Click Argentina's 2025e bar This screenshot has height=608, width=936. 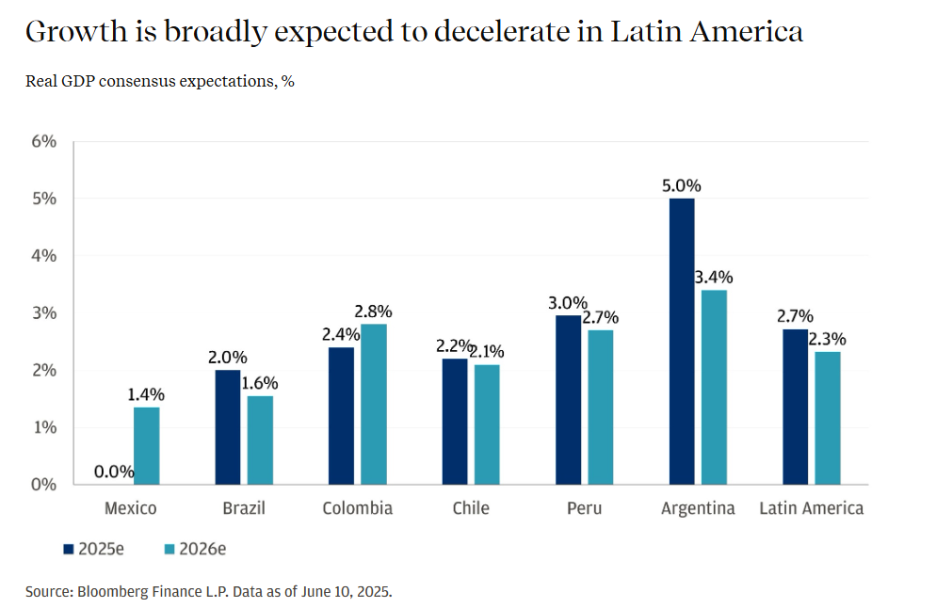pos(681,341)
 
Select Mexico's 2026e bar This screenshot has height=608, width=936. pos(146,445)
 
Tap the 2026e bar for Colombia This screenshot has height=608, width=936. pos(373,404)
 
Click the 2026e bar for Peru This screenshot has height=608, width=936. pos(600,407)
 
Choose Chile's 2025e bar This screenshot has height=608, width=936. pos(455,421)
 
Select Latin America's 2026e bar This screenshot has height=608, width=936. pos(827,418)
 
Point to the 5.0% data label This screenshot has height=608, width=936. pos(681,185)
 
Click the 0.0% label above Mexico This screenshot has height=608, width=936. pos(114,472)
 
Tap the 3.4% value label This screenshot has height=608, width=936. pos(713,277)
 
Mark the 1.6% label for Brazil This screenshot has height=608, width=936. pos(259,383)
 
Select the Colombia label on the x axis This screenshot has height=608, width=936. pos(357,508)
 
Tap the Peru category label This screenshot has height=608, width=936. pos(584,508)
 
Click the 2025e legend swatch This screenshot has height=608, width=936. pos(68,549)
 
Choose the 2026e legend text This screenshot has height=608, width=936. pos(202,549)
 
